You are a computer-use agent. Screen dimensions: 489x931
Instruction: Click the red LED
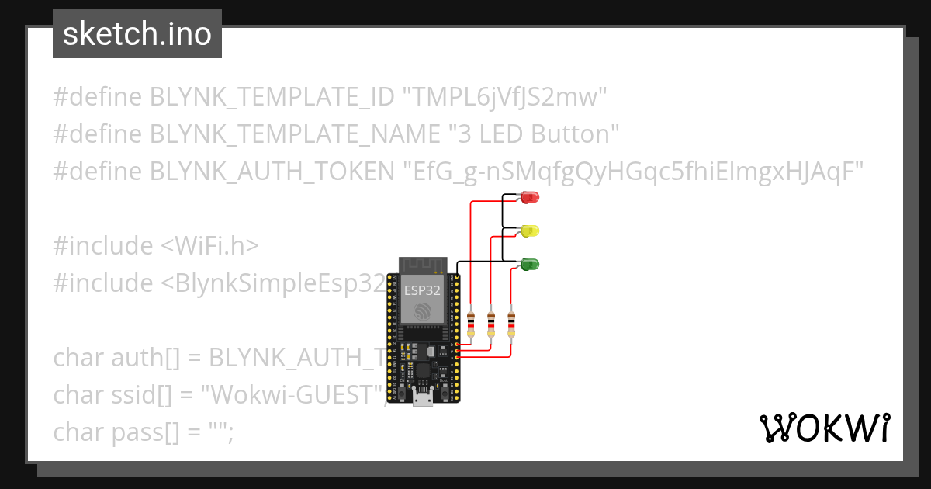531,197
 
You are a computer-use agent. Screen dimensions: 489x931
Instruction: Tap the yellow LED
531,231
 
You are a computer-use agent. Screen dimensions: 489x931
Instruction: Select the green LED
531,264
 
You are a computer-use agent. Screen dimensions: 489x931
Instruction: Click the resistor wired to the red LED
471,324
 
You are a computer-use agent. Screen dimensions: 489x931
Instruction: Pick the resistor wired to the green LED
511,324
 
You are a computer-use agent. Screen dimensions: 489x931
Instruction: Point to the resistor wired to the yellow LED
491,324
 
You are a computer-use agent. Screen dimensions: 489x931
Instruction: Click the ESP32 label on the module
423,290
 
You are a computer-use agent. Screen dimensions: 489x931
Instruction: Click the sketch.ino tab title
137,34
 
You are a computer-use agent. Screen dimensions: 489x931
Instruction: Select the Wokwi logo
824,428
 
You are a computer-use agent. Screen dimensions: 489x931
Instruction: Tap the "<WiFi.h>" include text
209,246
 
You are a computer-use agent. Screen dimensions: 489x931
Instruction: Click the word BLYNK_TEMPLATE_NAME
295,134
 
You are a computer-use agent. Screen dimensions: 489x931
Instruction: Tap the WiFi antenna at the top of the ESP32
424,265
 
